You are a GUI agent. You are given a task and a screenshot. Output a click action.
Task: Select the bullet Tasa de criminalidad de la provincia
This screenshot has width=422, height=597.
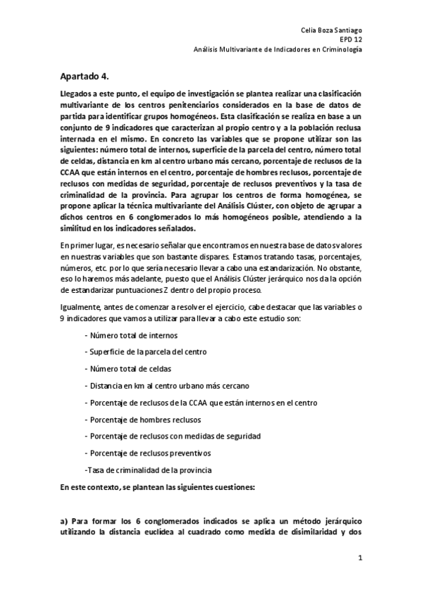coord(147,470)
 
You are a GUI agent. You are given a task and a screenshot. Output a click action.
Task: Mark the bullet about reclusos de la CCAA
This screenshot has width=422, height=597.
coord(193,403)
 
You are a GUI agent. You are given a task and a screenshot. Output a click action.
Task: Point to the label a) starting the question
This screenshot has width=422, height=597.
coord(63,520)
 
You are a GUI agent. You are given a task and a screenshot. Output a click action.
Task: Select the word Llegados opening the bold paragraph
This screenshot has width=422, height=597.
coord(76,94)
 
